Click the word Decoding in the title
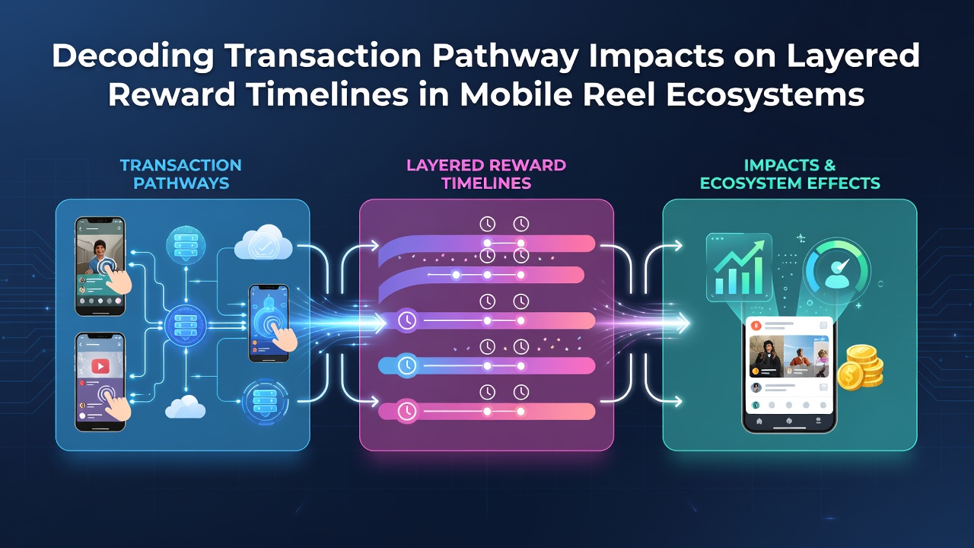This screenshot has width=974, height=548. [132, 56]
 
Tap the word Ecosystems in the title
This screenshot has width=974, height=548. [766, 95]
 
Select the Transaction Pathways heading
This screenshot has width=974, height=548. [181, 174]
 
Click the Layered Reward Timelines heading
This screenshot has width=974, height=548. [486, 174]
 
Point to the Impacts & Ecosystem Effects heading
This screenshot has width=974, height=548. [790, 174]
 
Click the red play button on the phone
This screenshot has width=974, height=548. [100, 366]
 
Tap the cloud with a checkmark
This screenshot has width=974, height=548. [263, 243]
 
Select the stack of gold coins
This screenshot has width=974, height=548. [860, 368]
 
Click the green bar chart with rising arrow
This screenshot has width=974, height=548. [739, 267]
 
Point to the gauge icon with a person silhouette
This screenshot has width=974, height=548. [836, 269]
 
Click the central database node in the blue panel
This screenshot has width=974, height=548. [186, 325]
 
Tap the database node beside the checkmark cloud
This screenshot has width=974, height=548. [186, 244]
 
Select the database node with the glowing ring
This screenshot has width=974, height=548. [265, 403]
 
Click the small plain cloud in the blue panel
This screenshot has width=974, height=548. [185, 406]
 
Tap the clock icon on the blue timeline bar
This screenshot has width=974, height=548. [406, 366]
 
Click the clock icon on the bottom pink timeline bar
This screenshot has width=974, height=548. [406, 411]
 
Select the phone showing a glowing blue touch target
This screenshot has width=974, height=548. [269, 323]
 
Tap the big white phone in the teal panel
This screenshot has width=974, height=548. [789, 374]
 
